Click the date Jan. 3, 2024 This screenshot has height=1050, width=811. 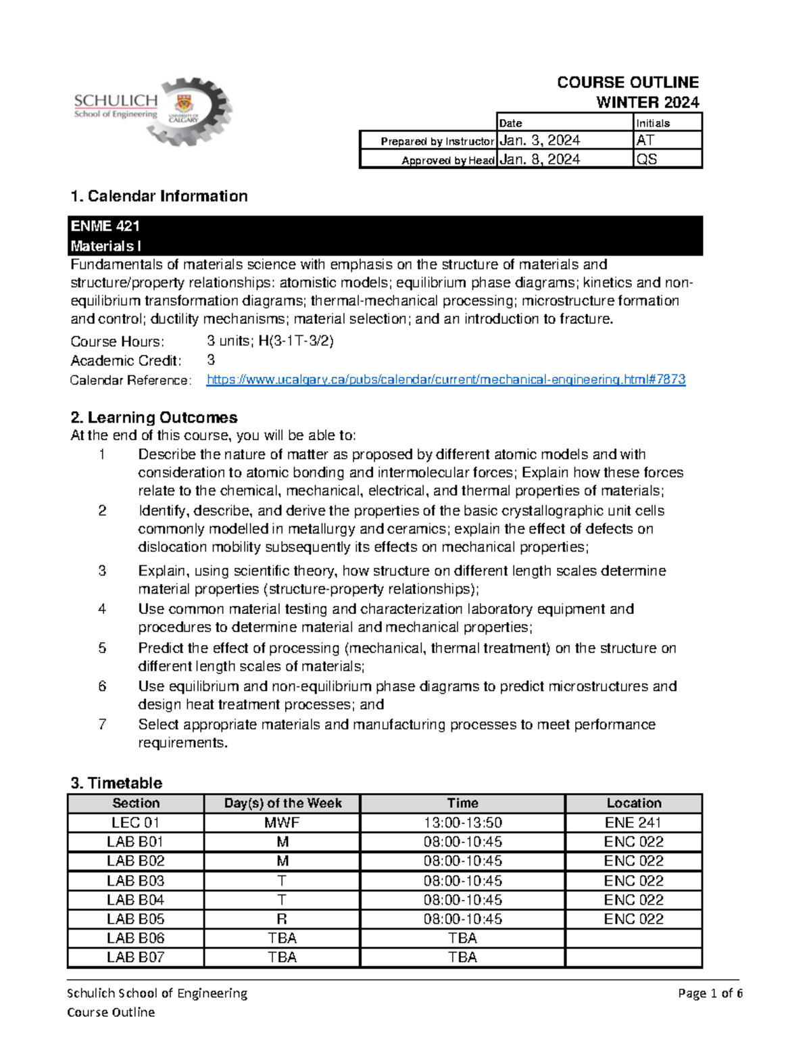[539, 141]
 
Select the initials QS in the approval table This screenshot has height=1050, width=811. [647, 160]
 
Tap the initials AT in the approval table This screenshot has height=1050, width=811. [645, 141]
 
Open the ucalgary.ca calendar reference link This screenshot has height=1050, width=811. [445, 380]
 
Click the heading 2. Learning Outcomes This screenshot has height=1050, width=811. [154, 418]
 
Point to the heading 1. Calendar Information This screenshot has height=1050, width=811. [159, 196]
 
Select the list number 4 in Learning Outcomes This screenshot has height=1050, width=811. [102, 609]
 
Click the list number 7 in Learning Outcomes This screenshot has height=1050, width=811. [102, 725]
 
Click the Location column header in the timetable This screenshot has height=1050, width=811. [633, 803]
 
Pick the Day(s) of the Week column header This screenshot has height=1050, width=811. [282, 803]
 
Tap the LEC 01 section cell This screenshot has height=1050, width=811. [136, 823]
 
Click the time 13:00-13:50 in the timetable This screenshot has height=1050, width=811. [462, 823]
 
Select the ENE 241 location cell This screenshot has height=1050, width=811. [633, 823]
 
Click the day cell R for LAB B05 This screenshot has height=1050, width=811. [282, 920]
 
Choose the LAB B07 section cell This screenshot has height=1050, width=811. [136, 957]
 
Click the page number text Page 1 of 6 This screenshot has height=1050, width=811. [710, 993]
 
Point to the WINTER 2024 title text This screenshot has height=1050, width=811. [647, 103]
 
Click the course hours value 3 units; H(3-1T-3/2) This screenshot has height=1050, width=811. [270, 341]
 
